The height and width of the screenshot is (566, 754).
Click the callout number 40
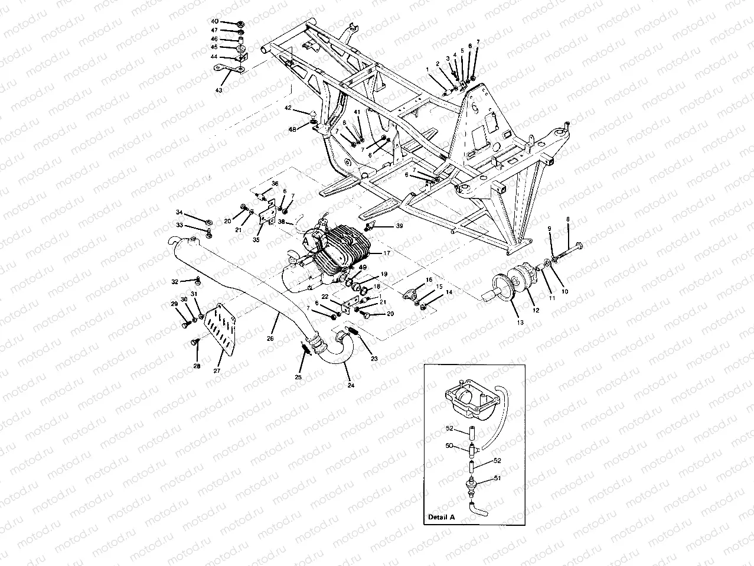point(214,21)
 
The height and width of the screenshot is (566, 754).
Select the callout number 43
point(219,90)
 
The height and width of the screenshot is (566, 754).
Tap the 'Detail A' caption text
point(441,516)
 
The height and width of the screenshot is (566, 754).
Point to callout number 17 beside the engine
point(387,253)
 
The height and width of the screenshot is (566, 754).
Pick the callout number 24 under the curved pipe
point(351,385)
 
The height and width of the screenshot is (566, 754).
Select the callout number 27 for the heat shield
point(217,370)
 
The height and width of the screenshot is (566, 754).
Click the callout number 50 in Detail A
point(449,445)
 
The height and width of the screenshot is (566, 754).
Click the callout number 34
point(179,212)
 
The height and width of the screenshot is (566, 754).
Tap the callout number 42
point(288,108)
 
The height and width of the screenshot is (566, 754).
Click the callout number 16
point(429,279)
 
